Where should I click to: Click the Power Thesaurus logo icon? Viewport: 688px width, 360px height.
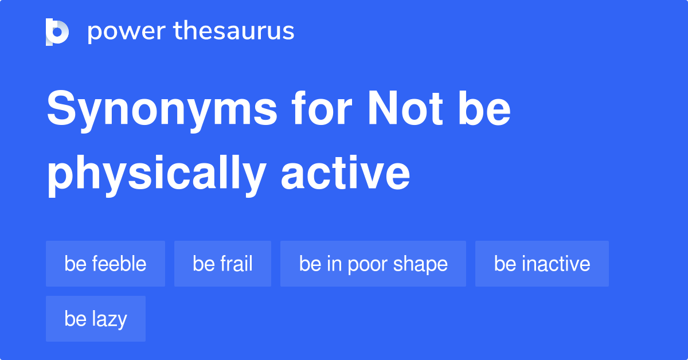coord(57,32)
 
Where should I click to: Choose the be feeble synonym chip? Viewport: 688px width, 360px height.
coord(105,264)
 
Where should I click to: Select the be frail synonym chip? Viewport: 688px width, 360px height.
coord(222,264)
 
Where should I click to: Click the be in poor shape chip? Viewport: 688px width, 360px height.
coord(373,264)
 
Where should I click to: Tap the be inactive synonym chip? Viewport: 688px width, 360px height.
coord(542,264)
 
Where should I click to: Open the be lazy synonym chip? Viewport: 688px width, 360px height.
coord(96,319)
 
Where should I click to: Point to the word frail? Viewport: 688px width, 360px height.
coord(236,264)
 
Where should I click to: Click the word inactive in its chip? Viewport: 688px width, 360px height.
coord(556,264)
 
